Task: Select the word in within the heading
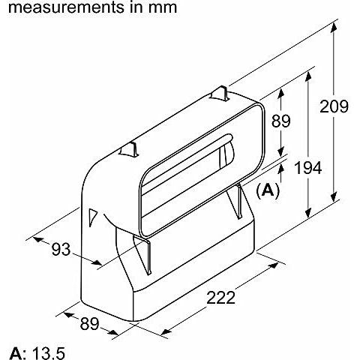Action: tap(135, 8)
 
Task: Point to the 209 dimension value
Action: tap(334, 106)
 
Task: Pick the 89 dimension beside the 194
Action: tap(281, 121)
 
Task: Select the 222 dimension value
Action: tap(219, 297)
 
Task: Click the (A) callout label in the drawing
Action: tap(268, 190)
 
